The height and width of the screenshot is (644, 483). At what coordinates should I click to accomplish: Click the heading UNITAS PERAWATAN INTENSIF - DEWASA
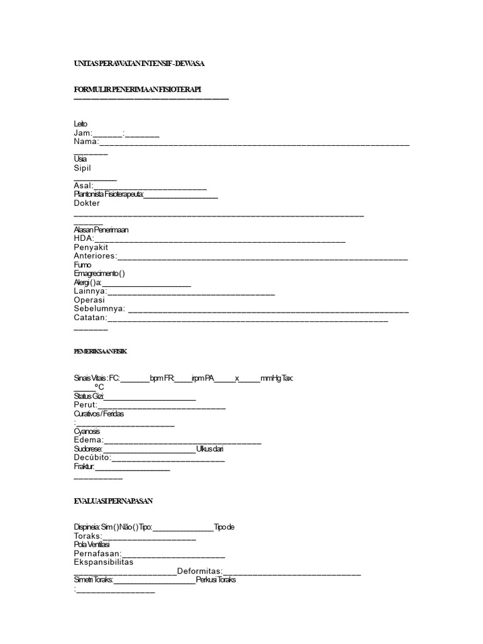click(139, 64)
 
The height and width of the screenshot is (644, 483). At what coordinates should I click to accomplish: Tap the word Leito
click(80, 124)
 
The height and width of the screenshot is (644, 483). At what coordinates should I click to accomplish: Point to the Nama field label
click(86, 142)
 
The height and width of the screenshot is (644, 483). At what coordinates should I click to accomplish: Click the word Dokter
click(87, 203)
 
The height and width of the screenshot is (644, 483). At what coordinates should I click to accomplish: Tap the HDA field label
click(84, 238)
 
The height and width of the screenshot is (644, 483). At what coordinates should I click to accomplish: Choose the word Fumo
click(82, 265)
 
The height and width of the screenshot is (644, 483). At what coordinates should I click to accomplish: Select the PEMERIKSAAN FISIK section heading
click(101, 351)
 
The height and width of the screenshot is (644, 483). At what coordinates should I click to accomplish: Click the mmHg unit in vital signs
click(270, 378)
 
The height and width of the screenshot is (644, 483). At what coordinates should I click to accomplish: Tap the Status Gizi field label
click(89, 397)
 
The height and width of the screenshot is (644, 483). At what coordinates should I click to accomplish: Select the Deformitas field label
click(204, 571)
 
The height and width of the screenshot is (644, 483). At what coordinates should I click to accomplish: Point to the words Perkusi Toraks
click(216, 580)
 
